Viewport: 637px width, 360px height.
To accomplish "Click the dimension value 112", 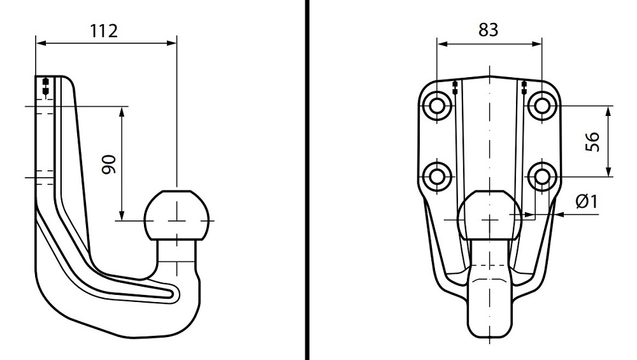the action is pos(103,31).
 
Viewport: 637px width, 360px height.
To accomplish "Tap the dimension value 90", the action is pos(109,164).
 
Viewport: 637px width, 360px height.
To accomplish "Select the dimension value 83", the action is pos(489,30).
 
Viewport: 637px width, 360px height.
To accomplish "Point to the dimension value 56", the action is pos(592,141).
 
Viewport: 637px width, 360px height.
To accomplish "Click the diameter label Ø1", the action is pos(587,201).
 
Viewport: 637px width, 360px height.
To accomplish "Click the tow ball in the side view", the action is pos(177,215).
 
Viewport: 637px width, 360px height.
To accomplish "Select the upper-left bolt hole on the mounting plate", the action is pos(437,106).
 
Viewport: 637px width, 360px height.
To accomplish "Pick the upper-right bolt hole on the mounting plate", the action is pos(541,106).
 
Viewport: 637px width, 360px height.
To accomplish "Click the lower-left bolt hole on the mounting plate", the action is pos(437,177).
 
